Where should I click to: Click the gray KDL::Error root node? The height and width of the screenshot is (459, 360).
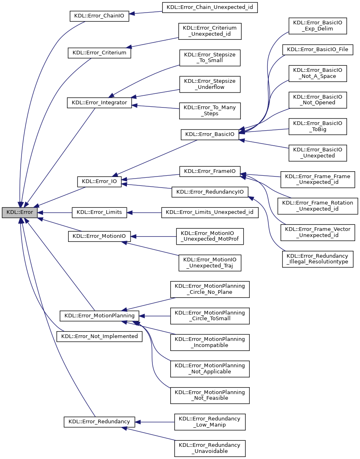[20, 212]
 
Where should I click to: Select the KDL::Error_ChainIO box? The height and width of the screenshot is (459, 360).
[99, 16]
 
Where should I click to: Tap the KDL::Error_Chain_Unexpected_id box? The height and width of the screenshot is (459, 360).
[210, 7]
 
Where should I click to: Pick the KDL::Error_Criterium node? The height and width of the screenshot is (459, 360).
[99, 53]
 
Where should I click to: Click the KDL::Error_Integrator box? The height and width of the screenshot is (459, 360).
[99, 103]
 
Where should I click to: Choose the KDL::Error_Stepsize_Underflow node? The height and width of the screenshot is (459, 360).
[210, 84]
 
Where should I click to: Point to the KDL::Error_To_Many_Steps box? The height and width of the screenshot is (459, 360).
[210, 111]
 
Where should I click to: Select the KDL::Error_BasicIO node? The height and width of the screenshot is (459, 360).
[210, 134]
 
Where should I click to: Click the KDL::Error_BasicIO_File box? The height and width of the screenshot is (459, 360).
[317, 50]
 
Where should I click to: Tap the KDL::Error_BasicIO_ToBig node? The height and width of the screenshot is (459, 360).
[317, 126]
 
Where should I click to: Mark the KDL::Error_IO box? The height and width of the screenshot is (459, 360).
[99, 182]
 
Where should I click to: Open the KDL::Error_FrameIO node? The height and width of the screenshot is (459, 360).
[210, 171]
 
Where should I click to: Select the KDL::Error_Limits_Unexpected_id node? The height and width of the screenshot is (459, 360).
[210, 212]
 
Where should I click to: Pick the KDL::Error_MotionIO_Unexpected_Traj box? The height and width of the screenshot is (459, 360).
[210, 263]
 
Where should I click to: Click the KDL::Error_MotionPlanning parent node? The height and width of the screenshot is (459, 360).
[99, 315]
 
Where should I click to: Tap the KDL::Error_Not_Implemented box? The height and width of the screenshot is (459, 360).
[99, 336]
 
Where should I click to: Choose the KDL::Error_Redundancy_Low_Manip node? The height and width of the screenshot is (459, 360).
[210, 422]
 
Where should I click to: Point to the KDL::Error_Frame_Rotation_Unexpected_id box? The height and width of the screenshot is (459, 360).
[317, 206]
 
